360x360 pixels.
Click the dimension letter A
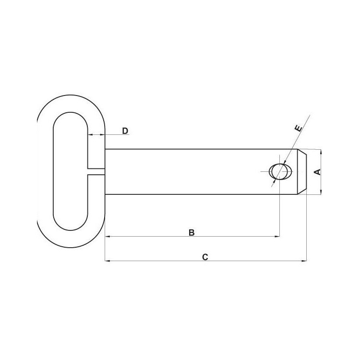(318, 172)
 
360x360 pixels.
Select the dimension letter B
(192, 232)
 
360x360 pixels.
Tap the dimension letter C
(205, 257)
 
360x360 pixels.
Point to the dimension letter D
(125, 131)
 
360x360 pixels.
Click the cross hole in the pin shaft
(281, 171)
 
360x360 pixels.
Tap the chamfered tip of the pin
(302, 172)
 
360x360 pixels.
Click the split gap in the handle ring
(96, 171)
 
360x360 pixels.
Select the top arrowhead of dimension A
(321, 152)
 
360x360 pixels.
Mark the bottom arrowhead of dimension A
(321, 192)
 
